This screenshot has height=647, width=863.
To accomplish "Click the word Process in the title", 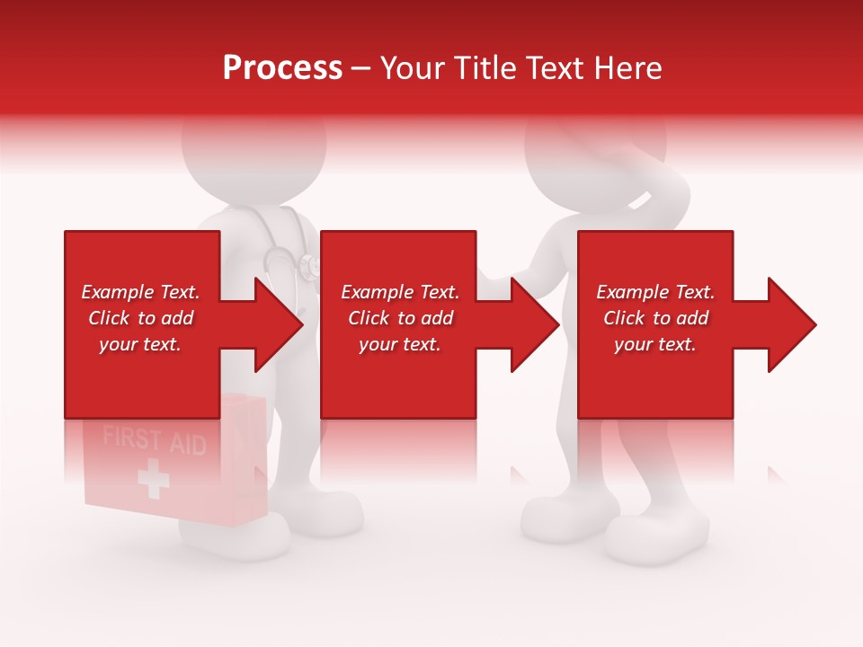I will pos(282,67).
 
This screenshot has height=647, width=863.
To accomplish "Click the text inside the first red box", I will pos(140,318).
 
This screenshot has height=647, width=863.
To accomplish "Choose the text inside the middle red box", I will pos(399,318).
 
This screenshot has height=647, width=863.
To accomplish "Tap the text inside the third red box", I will pos(655,318).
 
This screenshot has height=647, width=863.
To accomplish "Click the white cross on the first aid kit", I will pos(154,479).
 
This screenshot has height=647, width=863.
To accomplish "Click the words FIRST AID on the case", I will pos(154,441).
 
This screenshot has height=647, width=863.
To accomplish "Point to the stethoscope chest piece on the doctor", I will pos(309,265).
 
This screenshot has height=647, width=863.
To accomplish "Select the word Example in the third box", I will pos(627,292).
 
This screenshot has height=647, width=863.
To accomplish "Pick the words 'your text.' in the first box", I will pos(140,344).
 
